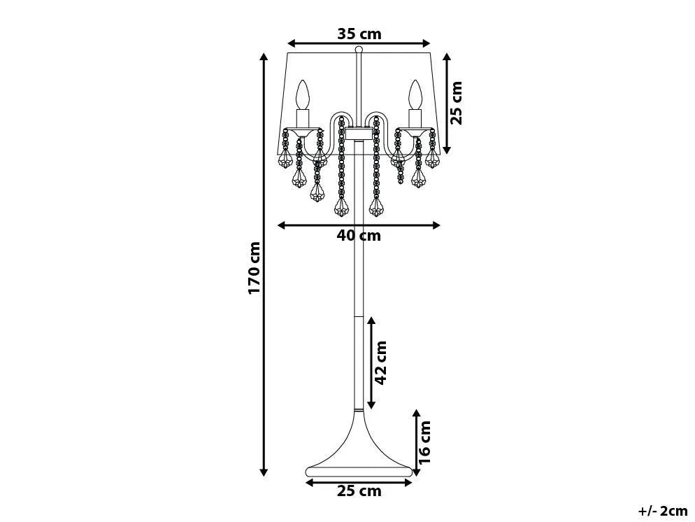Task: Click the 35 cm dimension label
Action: (359, 34)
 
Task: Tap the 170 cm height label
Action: (255, 267)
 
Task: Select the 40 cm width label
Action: (359, 235)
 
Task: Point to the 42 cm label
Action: (381, 362)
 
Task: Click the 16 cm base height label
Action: (424, 442)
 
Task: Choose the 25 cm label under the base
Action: (359, 491)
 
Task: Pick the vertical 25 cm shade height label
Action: (456, 103)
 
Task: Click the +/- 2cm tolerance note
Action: (663, 511)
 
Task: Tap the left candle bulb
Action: (303, 94)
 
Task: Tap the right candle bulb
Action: (415, 94)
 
